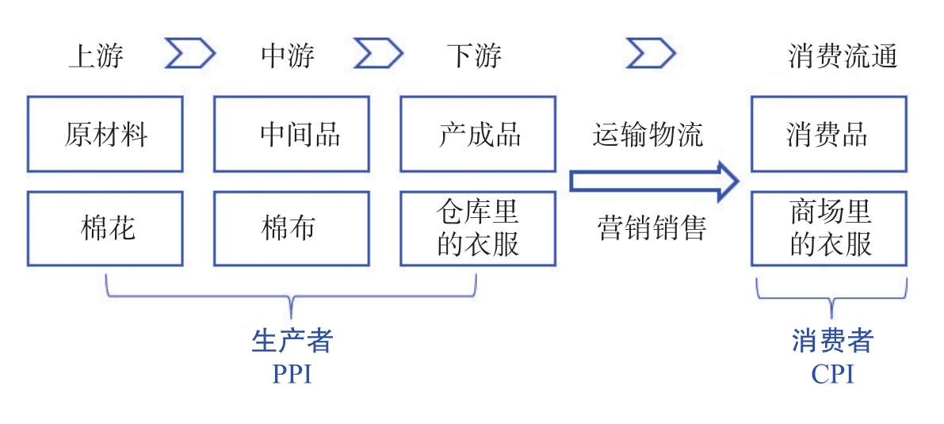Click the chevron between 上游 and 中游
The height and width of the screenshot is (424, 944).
190,54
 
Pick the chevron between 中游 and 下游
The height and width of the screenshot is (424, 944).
379,54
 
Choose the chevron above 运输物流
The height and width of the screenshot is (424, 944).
651,54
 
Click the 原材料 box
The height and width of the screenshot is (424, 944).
105,134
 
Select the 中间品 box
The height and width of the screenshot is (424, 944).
292,134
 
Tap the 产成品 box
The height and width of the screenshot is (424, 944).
478,134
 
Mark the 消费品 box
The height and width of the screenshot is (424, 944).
828,134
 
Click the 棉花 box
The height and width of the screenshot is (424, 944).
105,228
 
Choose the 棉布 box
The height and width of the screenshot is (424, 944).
292,228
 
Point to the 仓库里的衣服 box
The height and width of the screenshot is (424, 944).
478,228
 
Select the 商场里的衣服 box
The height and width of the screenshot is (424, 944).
828,228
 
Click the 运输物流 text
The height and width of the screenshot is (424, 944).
648,135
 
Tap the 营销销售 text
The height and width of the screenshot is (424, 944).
651,228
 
